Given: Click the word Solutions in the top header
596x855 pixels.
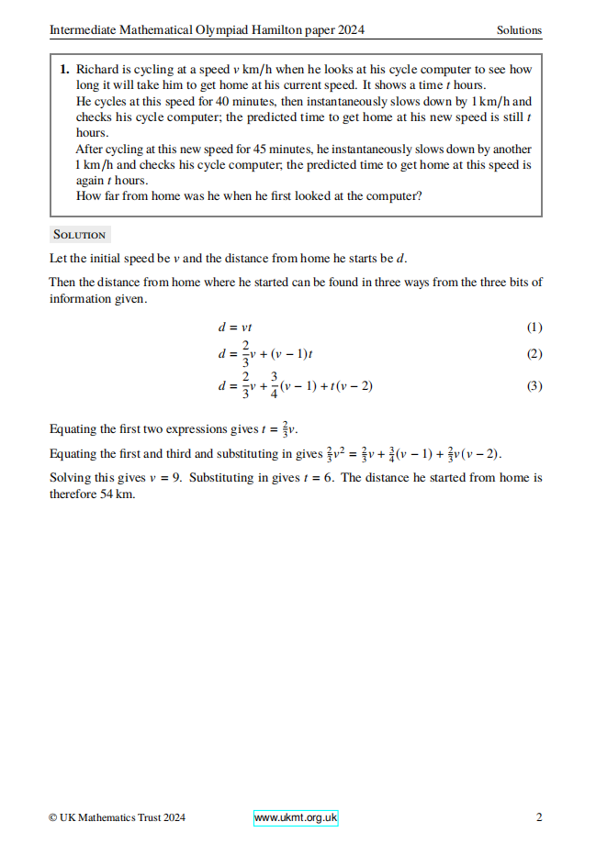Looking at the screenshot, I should point(519,30).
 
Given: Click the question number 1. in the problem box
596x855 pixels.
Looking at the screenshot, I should point(65,69).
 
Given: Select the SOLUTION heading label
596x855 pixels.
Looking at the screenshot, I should point(80,235).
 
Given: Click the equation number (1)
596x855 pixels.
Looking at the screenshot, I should point(534,328).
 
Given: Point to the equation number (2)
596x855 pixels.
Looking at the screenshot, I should point(534,354).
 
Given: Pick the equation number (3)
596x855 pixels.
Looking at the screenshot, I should point(534,386).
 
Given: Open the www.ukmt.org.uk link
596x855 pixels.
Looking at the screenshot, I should point(296,817).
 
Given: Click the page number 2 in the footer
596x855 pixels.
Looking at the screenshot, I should point(539,817).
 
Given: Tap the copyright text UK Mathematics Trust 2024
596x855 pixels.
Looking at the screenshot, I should point(122,817).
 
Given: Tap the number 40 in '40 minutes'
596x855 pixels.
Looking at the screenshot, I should point(207,102).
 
